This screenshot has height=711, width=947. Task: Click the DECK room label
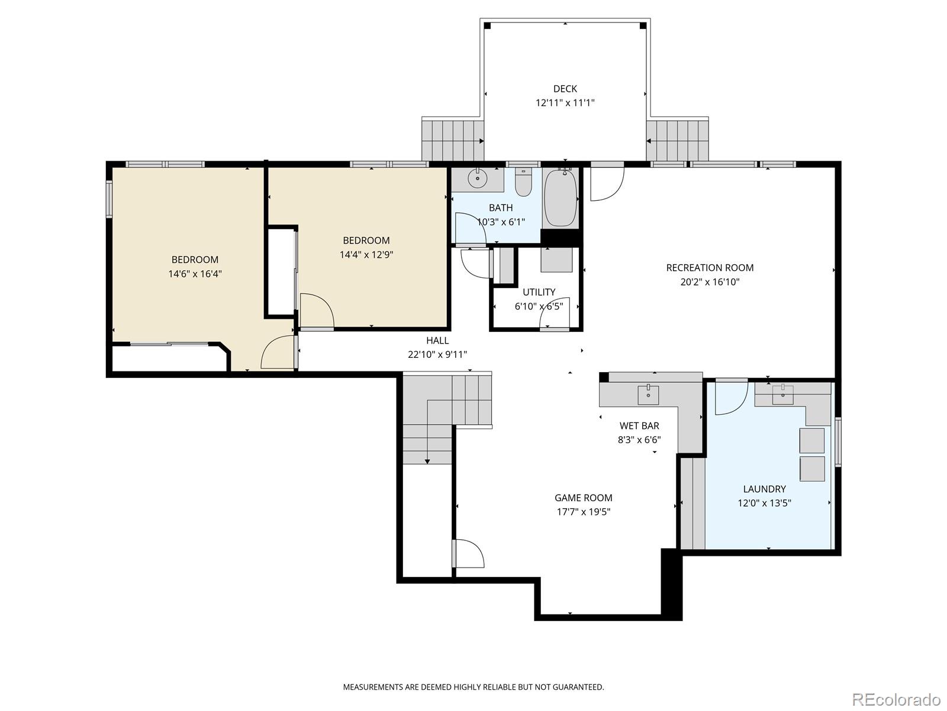coord(565,89)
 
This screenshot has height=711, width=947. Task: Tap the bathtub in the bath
coord(561,198)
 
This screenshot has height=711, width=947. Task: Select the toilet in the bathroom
coord(523,183)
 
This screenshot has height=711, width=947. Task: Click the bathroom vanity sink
coord(476,178)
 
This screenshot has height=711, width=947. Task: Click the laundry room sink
coord(782,394)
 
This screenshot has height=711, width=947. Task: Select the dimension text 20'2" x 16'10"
coord(710,282)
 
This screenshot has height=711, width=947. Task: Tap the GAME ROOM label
coord(583,498)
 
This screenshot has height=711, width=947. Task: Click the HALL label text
coord(437,340)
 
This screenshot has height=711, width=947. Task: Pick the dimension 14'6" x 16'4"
coord(195,274)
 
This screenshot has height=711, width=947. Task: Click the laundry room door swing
coord(730,397)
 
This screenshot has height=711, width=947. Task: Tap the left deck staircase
coord(450,140)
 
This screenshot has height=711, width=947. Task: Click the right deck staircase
coord(678,140)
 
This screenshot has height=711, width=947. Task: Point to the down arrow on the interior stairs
coord(427,460)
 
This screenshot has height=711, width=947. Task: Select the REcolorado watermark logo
coord(896,699)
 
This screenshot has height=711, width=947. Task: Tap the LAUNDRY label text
coord(764,489)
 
